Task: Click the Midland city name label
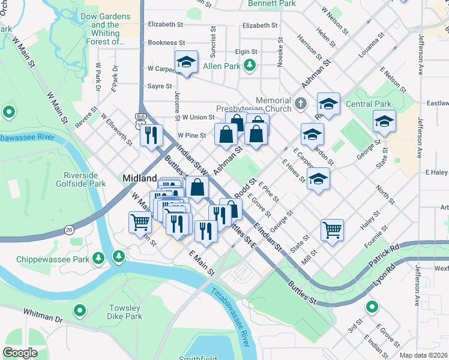[140, 178]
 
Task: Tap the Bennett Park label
[271, 4]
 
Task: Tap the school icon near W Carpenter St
[186, 62]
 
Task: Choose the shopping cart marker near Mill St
[332, 229]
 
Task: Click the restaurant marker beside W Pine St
[152, 135]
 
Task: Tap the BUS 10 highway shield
[140, 120]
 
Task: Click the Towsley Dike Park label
[125, 312]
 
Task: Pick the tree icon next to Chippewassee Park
[119, 257]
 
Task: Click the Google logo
[20, 353]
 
